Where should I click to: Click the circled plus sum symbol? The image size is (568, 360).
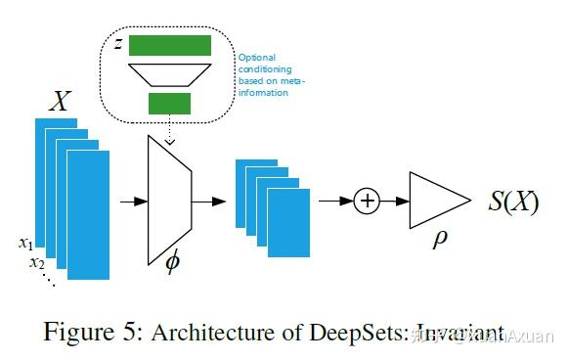(368, 202)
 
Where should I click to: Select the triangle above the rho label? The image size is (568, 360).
(437, 202)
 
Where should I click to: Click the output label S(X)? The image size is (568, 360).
(512, 202)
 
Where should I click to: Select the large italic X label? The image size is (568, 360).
(60, 102)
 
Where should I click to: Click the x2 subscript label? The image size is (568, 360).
(36, 262)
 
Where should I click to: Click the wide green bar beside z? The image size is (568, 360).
(170, 45)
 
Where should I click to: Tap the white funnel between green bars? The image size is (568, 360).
(170, 74)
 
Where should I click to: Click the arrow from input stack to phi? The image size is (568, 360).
(127, 202)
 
